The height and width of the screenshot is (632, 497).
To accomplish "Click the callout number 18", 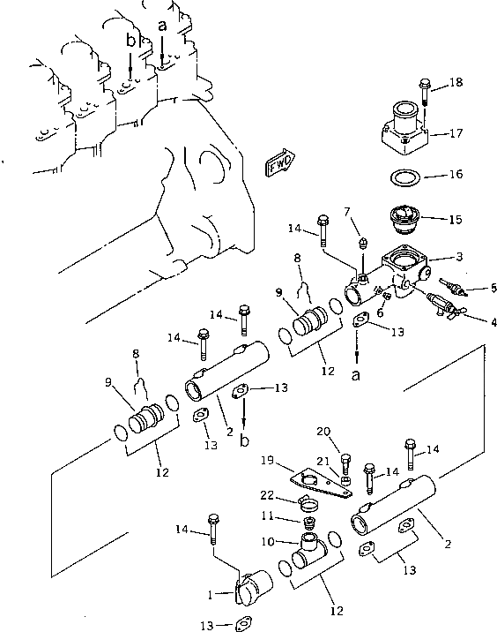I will tap(455, 82).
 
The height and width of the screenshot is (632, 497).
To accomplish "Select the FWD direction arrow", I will tap(278, 165).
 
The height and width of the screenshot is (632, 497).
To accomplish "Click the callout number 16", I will tap(455, 176).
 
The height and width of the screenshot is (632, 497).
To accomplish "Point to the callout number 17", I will tap(455, 135).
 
